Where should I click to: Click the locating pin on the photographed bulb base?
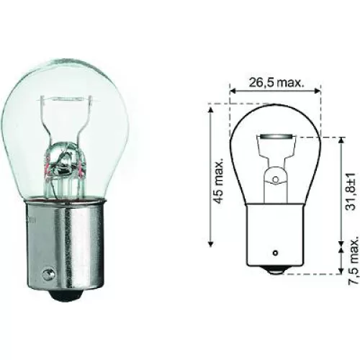click(49, 274)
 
